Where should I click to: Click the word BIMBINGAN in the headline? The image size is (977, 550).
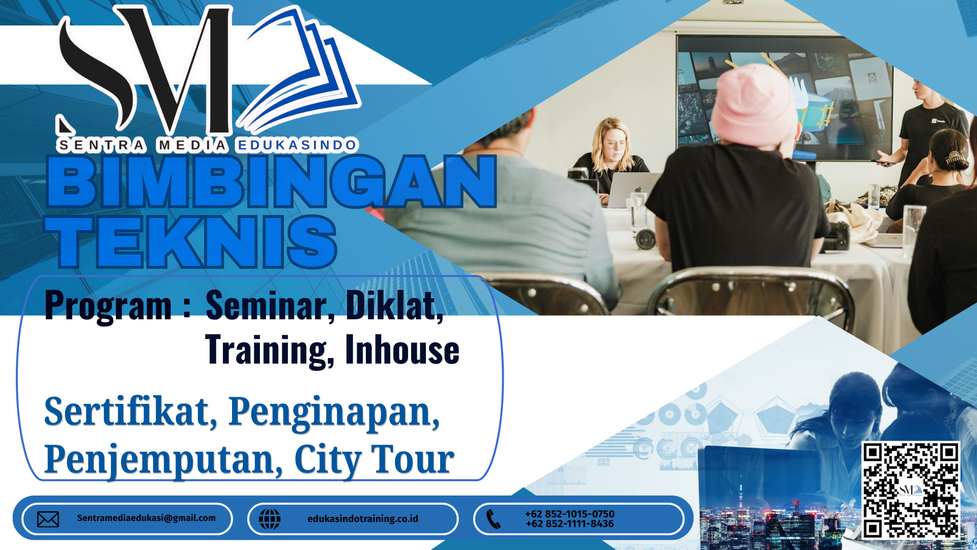[x=271, y=182]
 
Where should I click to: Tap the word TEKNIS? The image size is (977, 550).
[x=191, y=241]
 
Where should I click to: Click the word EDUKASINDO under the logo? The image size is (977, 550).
[x=297, y=146]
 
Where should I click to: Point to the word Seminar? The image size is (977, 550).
[x=266, y=305]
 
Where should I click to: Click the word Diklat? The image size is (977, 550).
[x=394, y=305]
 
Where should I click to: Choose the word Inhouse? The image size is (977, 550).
[x=402, y=350]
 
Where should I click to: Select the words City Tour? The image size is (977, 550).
[x=374, y=459]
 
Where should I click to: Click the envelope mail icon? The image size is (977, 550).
[x=48, y=519]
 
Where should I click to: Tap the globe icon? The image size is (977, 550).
[x=270, y=519]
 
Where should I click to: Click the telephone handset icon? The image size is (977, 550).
[x=494, y=519]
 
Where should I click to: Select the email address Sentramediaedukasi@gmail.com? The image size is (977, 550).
[x=147, y=518]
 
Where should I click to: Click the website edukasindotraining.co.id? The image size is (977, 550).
[x=363, y=518]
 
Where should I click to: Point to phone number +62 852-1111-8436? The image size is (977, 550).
[x=570, y=524]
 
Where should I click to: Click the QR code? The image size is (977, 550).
[x=910, y=490]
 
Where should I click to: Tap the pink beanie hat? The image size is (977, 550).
[x=753, y=104]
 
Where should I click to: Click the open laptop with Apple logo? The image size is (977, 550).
[x=633, y=189]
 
